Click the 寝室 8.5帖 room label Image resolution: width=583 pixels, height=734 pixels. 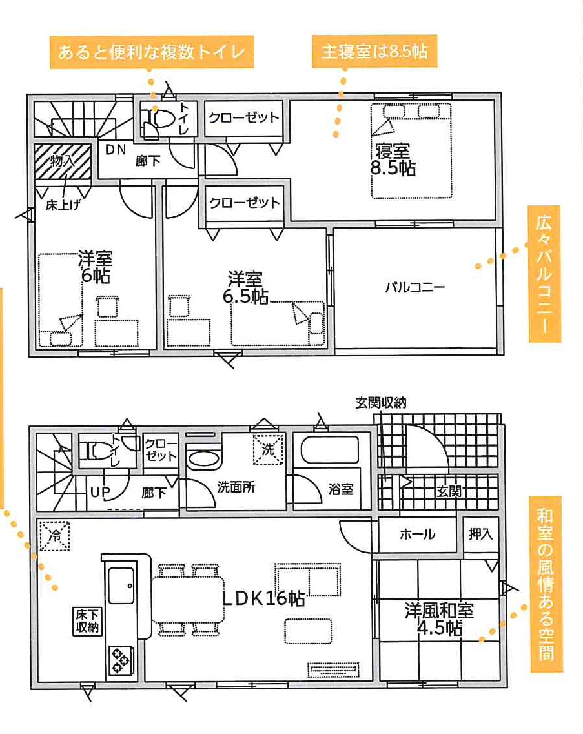click(x=393, y=159)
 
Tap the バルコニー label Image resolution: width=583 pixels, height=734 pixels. click(x=415, y=287)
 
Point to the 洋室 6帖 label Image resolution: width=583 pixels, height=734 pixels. click(x=96, y=267)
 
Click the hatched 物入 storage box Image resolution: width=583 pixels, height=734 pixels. click(x=63, y=161)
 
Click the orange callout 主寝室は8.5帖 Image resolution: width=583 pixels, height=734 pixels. click(x=374, y=51)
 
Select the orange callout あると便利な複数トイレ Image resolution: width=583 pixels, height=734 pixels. click(x=152, y=52)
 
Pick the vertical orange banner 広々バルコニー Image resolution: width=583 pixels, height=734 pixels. click(x=544, y=274)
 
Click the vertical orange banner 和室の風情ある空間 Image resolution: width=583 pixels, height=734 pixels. click(x=546, y=584)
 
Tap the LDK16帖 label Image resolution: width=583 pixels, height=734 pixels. click(x=263, y=598)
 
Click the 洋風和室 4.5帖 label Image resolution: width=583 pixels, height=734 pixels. click(x=439, y=619)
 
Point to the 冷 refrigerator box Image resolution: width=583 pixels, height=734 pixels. click(x=55, y=536)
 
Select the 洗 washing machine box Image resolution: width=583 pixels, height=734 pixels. click(x=269, y=449)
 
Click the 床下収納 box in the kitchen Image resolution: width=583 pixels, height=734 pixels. click(x=88, y=621)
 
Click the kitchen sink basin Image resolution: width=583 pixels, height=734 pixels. click(x=122, y=585)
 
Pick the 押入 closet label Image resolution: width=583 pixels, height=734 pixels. click(x=481, y=534)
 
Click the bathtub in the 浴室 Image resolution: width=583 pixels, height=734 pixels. click(x=330, y=450)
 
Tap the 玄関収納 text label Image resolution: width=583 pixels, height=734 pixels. click(x=381, y=403)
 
